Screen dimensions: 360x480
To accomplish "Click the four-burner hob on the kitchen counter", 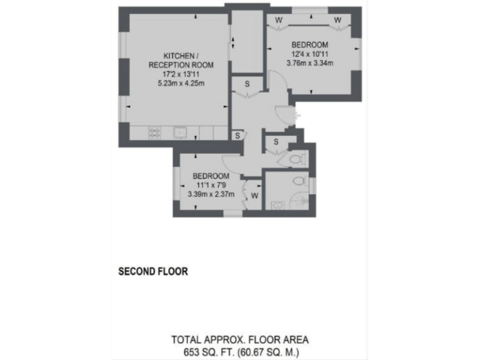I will coord(154,132).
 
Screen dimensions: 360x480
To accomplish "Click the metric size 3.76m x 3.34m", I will coord(310,62).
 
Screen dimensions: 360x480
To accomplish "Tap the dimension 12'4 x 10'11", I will coord(310,53).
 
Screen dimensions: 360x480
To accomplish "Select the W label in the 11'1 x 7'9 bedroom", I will coord(254,196).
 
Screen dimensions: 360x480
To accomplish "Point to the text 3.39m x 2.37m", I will coord(211,194).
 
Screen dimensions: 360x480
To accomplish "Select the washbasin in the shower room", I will coord(277,205).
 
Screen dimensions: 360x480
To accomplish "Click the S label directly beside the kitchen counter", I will coord(237,134).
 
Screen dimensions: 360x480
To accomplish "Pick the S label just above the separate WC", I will coord(276,142).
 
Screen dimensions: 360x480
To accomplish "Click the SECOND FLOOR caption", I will coord(153,272).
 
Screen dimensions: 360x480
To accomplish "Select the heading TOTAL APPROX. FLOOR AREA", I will coord(240,340).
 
